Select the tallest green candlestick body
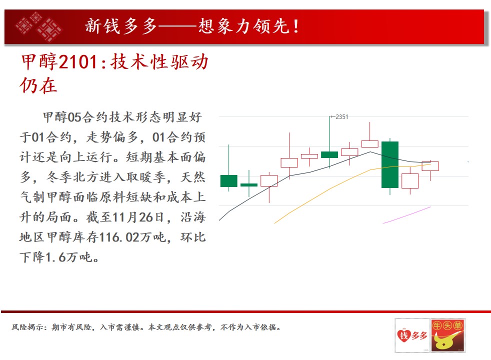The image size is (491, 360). (x=390, y=164)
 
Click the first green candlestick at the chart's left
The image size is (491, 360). (x=229, y=181)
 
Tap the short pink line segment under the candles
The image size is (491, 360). (x=407, y=214)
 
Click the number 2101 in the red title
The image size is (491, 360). (x=77, y=61)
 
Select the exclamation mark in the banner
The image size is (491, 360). (x=295, y=26)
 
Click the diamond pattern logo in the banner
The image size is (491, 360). (x=39, y=27)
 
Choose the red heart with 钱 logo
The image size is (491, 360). (x=403, y=335)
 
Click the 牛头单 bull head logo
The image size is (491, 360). (x=447, y=335)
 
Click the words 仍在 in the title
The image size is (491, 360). (x=38, y=85)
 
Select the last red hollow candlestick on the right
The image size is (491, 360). (x=430, y=166)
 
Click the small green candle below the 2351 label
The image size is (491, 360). (x=329, y=154)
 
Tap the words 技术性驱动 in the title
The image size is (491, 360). (x=159, y=61)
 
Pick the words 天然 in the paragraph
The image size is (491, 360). (x=193, y=177)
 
